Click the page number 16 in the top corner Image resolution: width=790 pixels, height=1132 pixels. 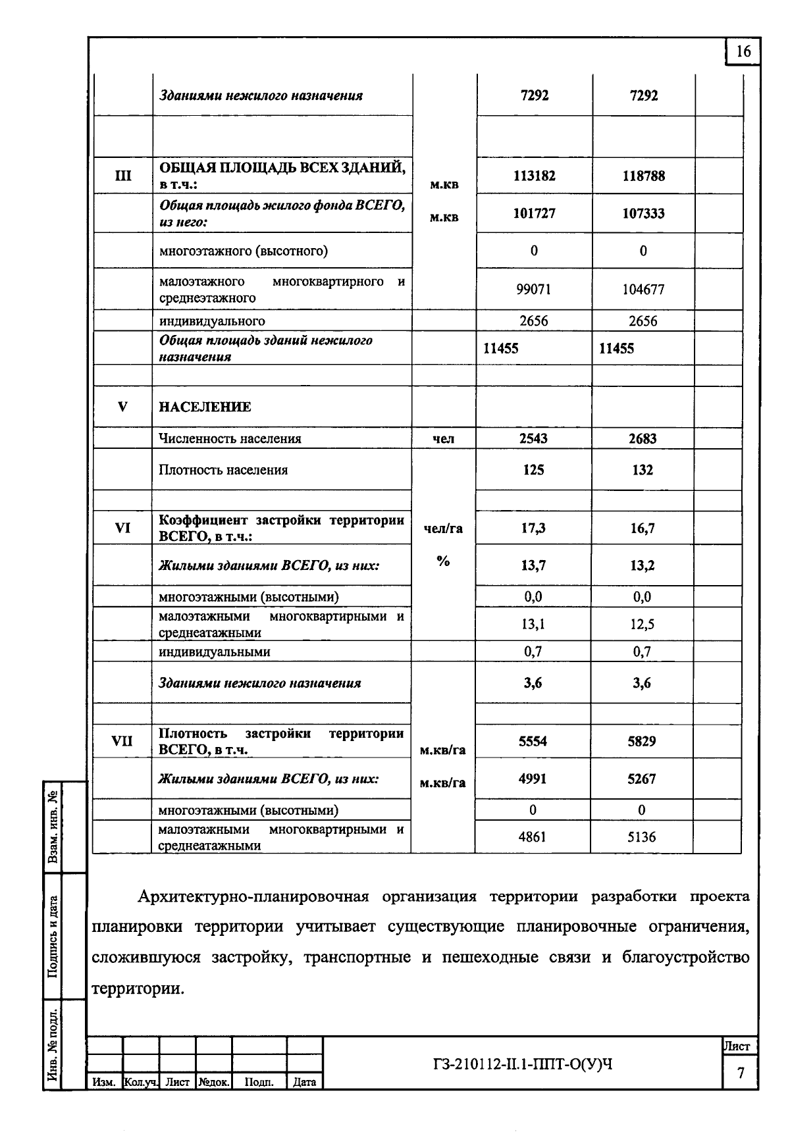click(x=743, y=51)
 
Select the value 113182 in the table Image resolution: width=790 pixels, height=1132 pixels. click(x=534, y=176)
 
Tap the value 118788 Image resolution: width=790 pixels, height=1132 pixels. click(x=643, y=176)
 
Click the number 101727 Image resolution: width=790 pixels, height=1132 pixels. click(x=534, y=213)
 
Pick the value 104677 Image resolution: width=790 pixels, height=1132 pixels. click(x=643, y=289)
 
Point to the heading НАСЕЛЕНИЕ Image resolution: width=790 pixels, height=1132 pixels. click(x=205, y=407)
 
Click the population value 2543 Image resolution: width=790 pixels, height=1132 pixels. click(x=533, y=438)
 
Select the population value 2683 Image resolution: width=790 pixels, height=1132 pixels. click(x=643, y=438)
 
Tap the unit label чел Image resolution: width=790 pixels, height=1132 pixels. click(x=443, y=438)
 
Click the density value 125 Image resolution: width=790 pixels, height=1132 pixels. click(x=533, y=470)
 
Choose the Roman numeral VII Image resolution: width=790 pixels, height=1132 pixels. click(x=122, y=741)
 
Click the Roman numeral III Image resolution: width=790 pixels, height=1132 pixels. click(x=122, y=176)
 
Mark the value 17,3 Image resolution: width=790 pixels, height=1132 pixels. click(x=533, y=528)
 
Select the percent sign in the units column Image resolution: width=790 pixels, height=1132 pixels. click(x=443, y=561)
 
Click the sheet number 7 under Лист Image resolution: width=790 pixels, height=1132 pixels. click(x=741, y=1073)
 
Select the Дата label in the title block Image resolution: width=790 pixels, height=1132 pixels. click(x=304, y=1081)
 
